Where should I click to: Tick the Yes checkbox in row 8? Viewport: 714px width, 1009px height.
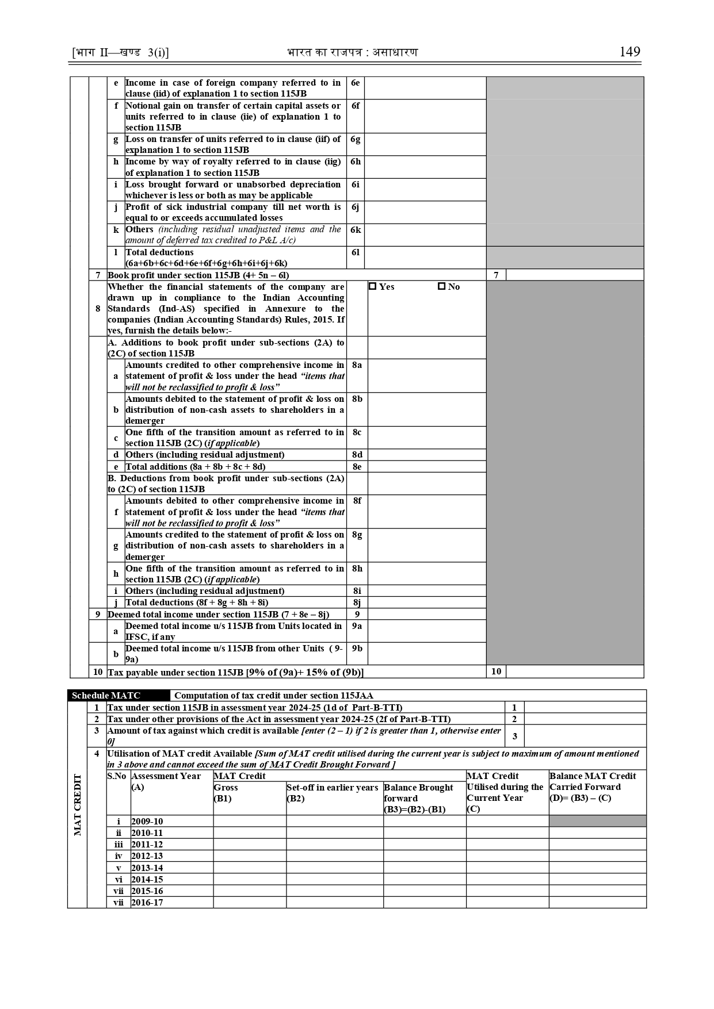tap(372, 286)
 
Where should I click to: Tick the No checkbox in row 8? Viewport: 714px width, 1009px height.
tap(441, 286)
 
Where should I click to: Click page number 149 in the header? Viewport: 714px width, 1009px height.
tap(629, 52)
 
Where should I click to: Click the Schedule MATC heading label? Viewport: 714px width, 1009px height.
tap(106, 696)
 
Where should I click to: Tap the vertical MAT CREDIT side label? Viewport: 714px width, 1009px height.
tap(78, 805)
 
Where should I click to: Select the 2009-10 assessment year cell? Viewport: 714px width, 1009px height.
tap(147, 822)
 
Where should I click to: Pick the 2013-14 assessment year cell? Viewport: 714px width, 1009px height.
tap(147, 868)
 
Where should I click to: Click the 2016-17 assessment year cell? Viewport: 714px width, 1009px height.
tap(147, 903)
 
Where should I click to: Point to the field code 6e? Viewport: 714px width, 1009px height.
tap(355, 83)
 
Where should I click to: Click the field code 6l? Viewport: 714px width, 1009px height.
tap(355, 252)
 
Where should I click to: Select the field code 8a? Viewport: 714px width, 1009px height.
tap(357, 365)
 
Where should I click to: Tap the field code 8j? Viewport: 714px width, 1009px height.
tap(357, 603)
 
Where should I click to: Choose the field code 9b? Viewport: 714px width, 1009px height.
tap(357, 649)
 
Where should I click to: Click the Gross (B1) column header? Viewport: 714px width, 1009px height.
tap(226, 793)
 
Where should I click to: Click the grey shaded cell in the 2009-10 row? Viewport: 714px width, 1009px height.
tap(597, 821)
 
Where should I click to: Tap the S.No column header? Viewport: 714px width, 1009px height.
tap(117, 776)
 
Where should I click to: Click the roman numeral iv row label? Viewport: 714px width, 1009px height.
tap(119, 856)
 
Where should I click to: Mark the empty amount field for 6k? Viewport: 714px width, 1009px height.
tap(425, 235)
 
